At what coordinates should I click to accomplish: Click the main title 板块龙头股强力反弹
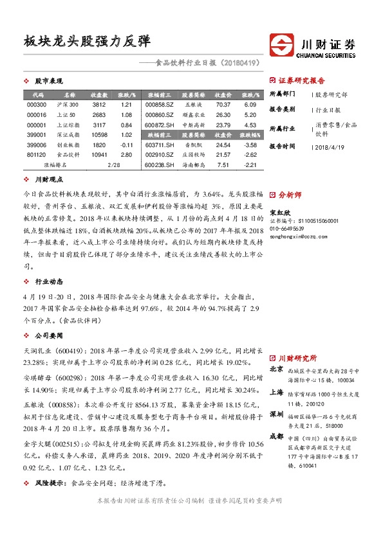(86, 41)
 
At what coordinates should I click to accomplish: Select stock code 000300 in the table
(37, 104)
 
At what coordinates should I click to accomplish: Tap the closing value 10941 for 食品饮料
(99, 155)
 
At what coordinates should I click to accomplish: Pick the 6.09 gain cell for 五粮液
(250, 104)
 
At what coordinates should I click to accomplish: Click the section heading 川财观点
(49, 181)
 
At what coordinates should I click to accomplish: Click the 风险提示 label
(52, 481)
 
